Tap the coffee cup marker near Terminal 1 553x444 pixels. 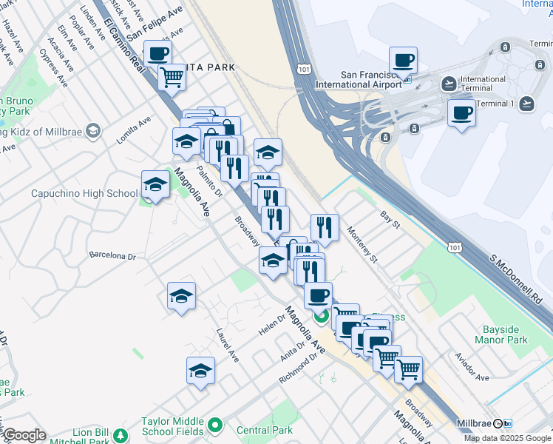[x=461, y=114]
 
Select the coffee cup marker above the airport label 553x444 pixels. [x=404, y=61]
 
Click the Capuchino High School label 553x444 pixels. [x=84, y=194]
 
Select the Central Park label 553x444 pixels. [x=265, y=430]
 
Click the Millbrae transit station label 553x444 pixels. [x=475, y=423]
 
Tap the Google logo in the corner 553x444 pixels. [x=24, y=435]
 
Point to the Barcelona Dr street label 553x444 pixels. [x=113, y=256]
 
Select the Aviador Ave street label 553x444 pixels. [x=472, y=367]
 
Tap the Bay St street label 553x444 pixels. [x=390, y=219]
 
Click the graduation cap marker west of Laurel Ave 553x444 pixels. [x=181, y=297]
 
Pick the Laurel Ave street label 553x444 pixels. [x=228, y=346]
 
